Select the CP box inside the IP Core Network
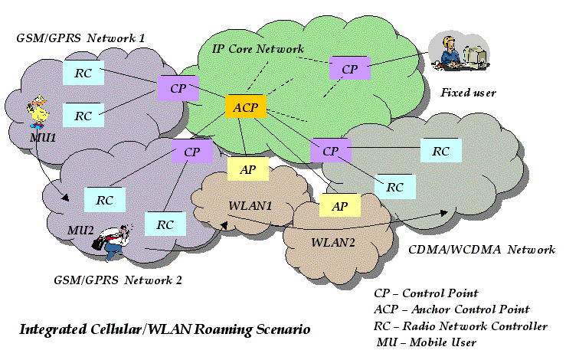pyautogui.click(x=349, y=69)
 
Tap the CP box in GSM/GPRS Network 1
pyautogui.click(x=178, y=88)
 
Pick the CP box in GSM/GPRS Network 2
pyautogui.click(x=191, y=151)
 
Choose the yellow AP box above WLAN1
pyautogui.click(x=247, y=170)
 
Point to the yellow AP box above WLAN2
pyautogui.click(x=339, y=205)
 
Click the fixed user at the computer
pyautogui.click(x=457, y=57)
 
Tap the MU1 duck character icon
pyautogui.click(x=37, y=112)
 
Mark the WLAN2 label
pyautogui.click(x=332, y=242)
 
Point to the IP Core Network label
pyautogui.click(x=257, y=48)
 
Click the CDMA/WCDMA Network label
pyautogui.click(x=482, y=250)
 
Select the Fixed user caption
pyautogui.click(x=469, y=93)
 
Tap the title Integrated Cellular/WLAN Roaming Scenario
pyautogui.click(x=165, y=330)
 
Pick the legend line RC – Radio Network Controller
pyautogui.click(x=460, y=326)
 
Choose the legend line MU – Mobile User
pyautogui.click(x=426, y=342)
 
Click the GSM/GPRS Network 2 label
pyautogui.click(x=119, y=280)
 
